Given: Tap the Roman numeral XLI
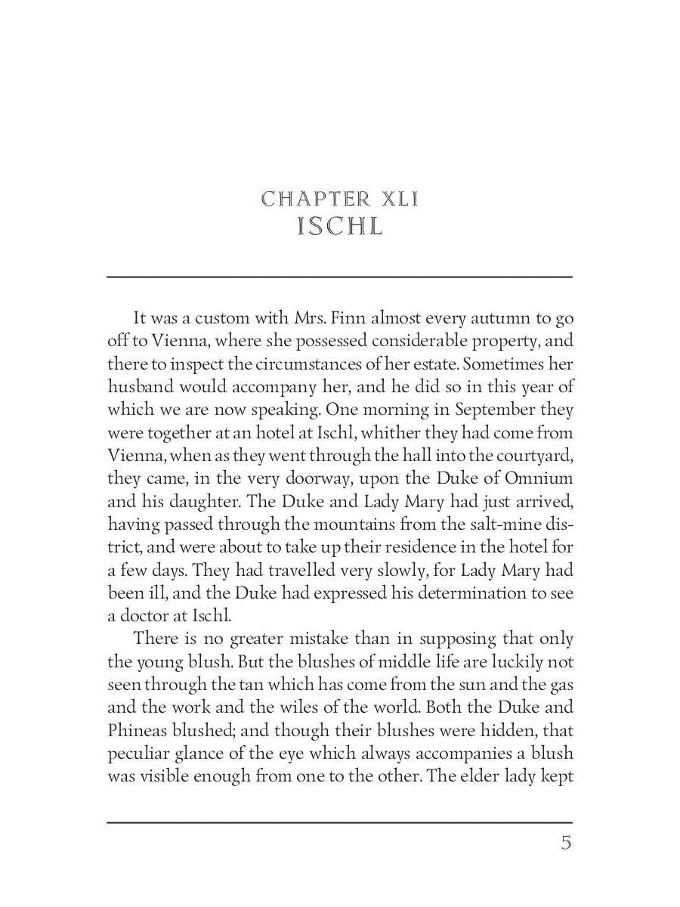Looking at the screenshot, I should click(400, 200).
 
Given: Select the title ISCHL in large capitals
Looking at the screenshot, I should click(340, 227).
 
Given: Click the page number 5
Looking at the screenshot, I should click(566, 843).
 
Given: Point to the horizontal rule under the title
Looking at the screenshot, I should click(339, 277).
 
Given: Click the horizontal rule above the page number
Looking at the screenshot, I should click(339, 822).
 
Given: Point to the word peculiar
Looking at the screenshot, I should click(135, 753).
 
